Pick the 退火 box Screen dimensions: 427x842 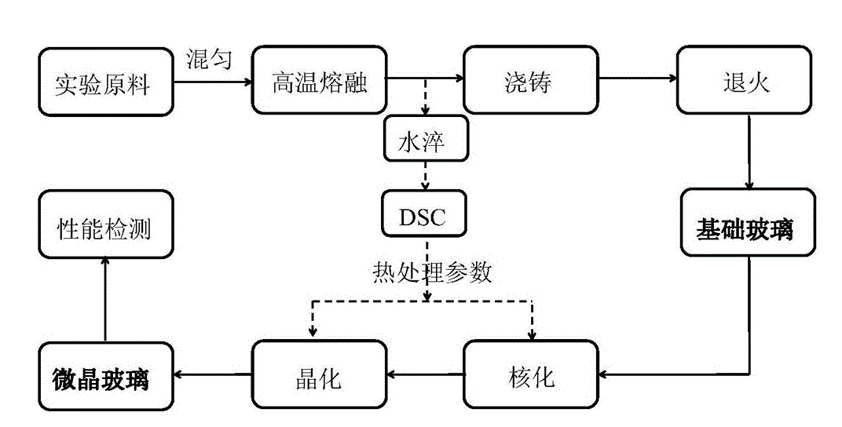pos(745,81)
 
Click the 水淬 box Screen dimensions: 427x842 pos(426,138)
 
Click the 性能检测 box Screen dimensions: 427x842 pos(104,228)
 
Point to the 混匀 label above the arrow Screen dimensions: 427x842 pos(209,58)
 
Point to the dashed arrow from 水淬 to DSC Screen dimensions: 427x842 pos(426,174)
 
